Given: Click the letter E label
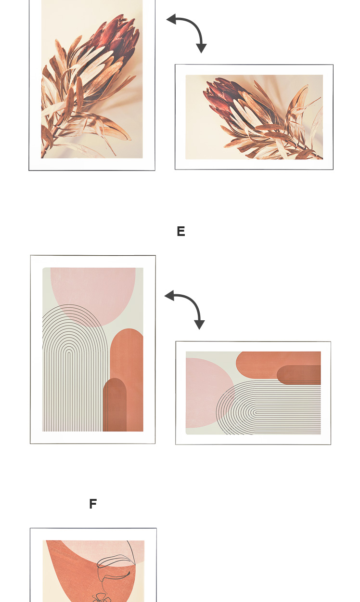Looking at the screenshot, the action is (x=181, y=231).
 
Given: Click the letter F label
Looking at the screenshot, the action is (x=93, y=504).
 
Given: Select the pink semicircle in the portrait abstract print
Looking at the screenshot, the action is (x=93, y=293).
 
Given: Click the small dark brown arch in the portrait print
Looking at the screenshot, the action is (x=115, y=405).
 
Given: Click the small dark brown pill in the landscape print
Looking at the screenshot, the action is (x=299, y=375).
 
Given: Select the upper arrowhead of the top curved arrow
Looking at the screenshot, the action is (x=171, y=19).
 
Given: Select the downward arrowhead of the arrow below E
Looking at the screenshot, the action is (x=199, y=325).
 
